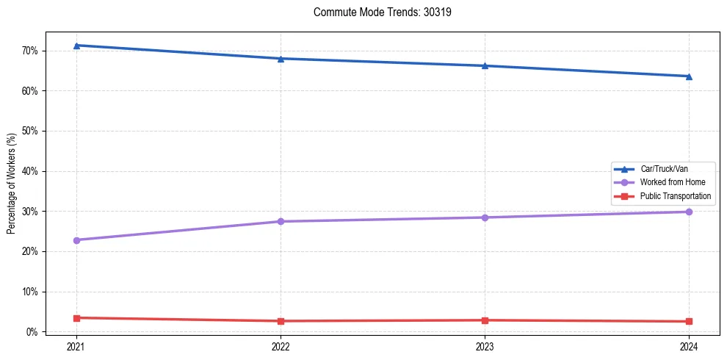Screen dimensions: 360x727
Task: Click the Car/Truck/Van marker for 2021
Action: pos(76,46)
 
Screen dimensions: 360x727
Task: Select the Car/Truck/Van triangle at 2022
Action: pos(281,59)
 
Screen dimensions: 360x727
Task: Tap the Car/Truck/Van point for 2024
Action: pos(689,76)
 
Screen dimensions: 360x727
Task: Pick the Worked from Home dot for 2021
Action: pos(76,240)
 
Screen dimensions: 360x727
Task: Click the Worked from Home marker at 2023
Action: pos(485,217)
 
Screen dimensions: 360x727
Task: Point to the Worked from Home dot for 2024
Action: pos(689,212)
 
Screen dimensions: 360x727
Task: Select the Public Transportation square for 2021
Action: pos(76,318)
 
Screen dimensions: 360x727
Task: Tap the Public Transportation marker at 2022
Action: pos(281,321)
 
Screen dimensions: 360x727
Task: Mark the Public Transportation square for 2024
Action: pos(689,321)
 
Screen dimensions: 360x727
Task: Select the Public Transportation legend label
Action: pos(675,196)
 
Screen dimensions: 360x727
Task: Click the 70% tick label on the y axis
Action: pos(29,51)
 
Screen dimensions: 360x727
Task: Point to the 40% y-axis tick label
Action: pos(29,171)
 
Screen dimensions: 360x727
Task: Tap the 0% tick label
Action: pos(32,332)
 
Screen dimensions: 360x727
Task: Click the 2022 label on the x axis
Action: pos(281,345)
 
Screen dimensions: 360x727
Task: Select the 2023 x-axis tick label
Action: pos(485,345)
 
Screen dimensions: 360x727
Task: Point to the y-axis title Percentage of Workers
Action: pos(11,184)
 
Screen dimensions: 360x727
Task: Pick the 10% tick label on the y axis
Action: pos(29,292)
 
